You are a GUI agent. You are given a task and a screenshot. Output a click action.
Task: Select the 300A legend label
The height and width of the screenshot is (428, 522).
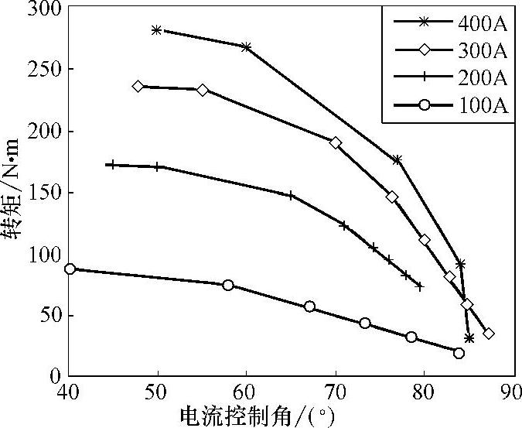(481, 51)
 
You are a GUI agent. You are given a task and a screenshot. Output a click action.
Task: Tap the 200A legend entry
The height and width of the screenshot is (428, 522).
(481, 78)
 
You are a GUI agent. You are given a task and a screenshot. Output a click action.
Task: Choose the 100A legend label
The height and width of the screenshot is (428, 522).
(481, 106)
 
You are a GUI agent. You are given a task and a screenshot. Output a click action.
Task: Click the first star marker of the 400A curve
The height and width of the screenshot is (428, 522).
(157, 30)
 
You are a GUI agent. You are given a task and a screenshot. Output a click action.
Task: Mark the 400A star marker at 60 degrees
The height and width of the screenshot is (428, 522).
(246, 47)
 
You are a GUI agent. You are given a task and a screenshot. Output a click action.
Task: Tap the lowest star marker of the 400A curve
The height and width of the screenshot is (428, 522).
(469, 338)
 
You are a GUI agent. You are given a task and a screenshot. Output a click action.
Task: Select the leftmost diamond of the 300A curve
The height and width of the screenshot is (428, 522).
(138, 87)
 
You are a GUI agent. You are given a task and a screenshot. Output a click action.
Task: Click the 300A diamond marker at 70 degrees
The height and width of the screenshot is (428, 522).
(336, 143)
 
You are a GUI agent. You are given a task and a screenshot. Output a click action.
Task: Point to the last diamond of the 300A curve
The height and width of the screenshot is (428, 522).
(489, 334)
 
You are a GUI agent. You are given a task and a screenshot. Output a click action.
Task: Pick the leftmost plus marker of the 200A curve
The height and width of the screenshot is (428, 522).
(112, 165)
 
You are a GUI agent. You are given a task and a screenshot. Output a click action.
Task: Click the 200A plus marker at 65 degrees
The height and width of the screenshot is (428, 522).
(291, 195)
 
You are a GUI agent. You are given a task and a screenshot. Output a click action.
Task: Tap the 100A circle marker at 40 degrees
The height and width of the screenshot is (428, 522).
(70, 269)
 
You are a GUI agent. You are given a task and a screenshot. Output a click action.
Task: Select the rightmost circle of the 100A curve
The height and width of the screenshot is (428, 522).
(459, 353)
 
